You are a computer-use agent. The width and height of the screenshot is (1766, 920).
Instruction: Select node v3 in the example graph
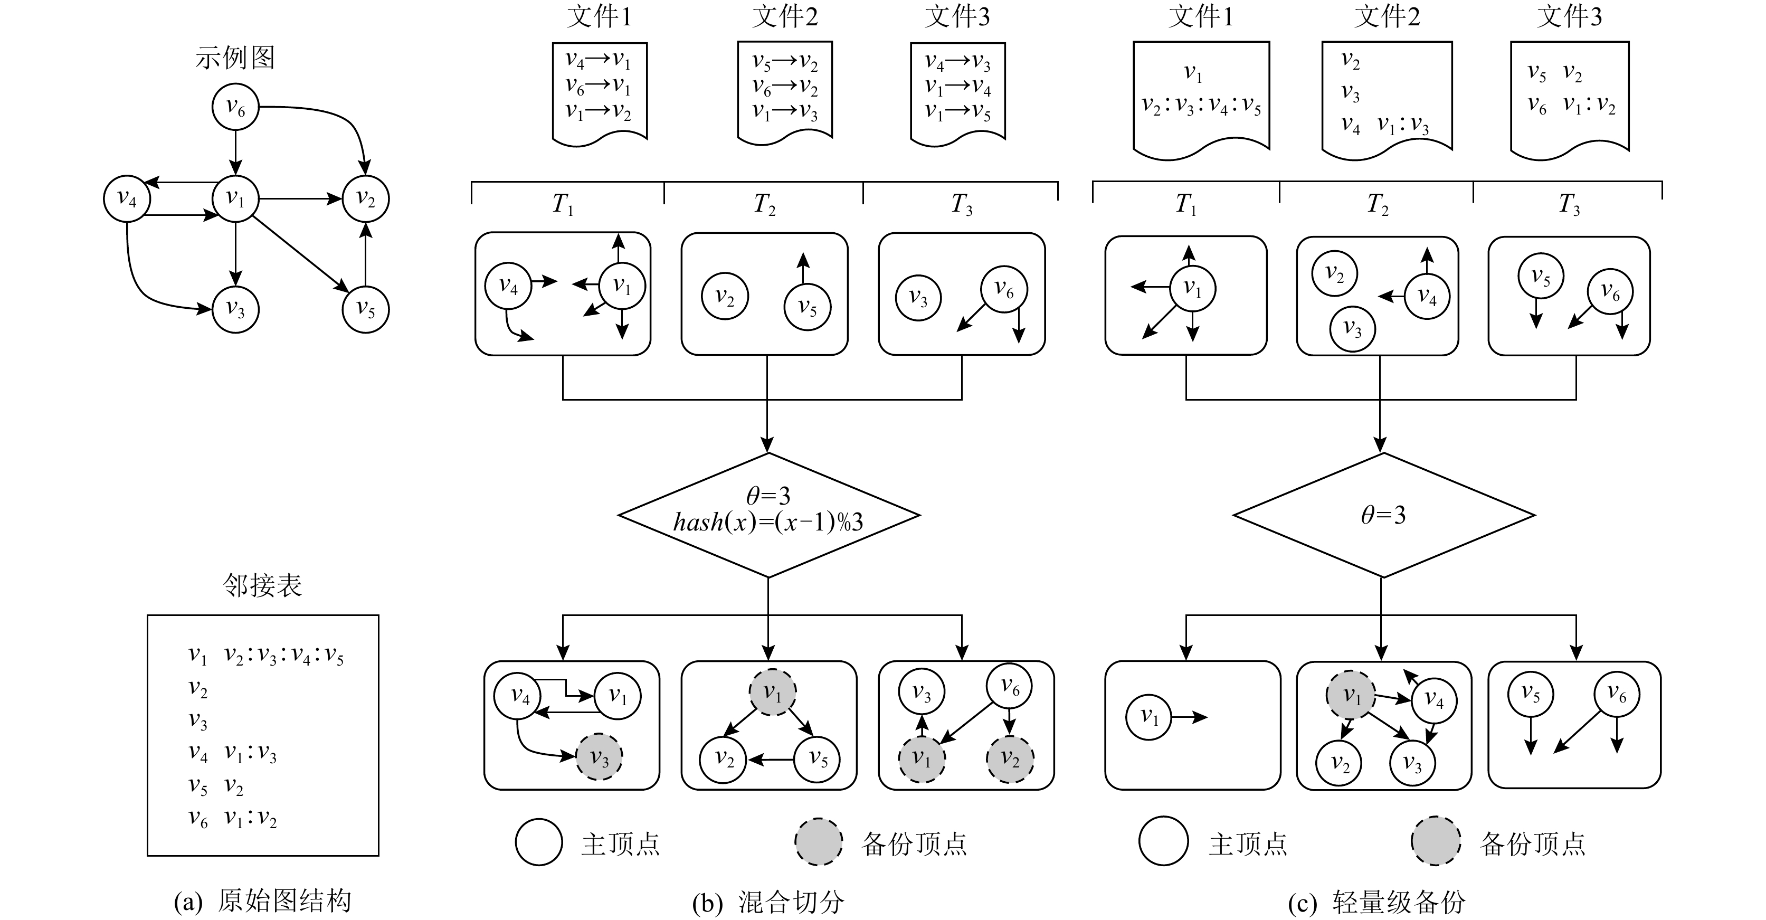click(x=235, y=310)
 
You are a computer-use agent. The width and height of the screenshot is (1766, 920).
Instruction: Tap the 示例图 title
click(x=235, y=58)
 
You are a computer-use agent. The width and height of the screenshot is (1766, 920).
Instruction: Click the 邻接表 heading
click(x=262, y=585)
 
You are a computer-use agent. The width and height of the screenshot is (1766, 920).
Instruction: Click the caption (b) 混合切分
click(x=768, y=902)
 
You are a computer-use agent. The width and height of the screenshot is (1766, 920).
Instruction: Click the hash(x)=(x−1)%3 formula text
click(x=768, y=523)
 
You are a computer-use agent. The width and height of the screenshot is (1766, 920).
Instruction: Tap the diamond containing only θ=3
click(x=1383, y=515)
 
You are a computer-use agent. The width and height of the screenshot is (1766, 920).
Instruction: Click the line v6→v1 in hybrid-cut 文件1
click(x=598, y=87)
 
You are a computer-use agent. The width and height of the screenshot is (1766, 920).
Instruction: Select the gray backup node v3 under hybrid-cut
click(x=599, y=758)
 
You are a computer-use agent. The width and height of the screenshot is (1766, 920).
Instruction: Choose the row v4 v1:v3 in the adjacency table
click(x=233, y=753)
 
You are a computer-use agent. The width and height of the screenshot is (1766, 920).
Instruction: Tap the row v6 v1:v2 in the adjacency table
click(x=233, y=818)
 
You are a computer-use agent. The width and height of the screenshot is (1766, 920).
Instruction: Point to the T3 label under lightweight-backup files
click(x=1569, y=204)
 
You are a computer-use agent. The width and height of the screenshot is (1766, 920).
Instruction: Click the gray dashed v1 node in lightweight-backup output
click(x=1351, y=696)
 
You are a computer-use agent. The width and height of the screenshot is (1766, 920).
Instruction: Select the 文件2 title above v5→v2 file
click(x=785, y=17)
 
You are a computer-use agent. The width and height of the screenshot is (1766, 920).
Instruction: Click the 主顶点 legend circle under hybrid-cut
click(x=539, y=842)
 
